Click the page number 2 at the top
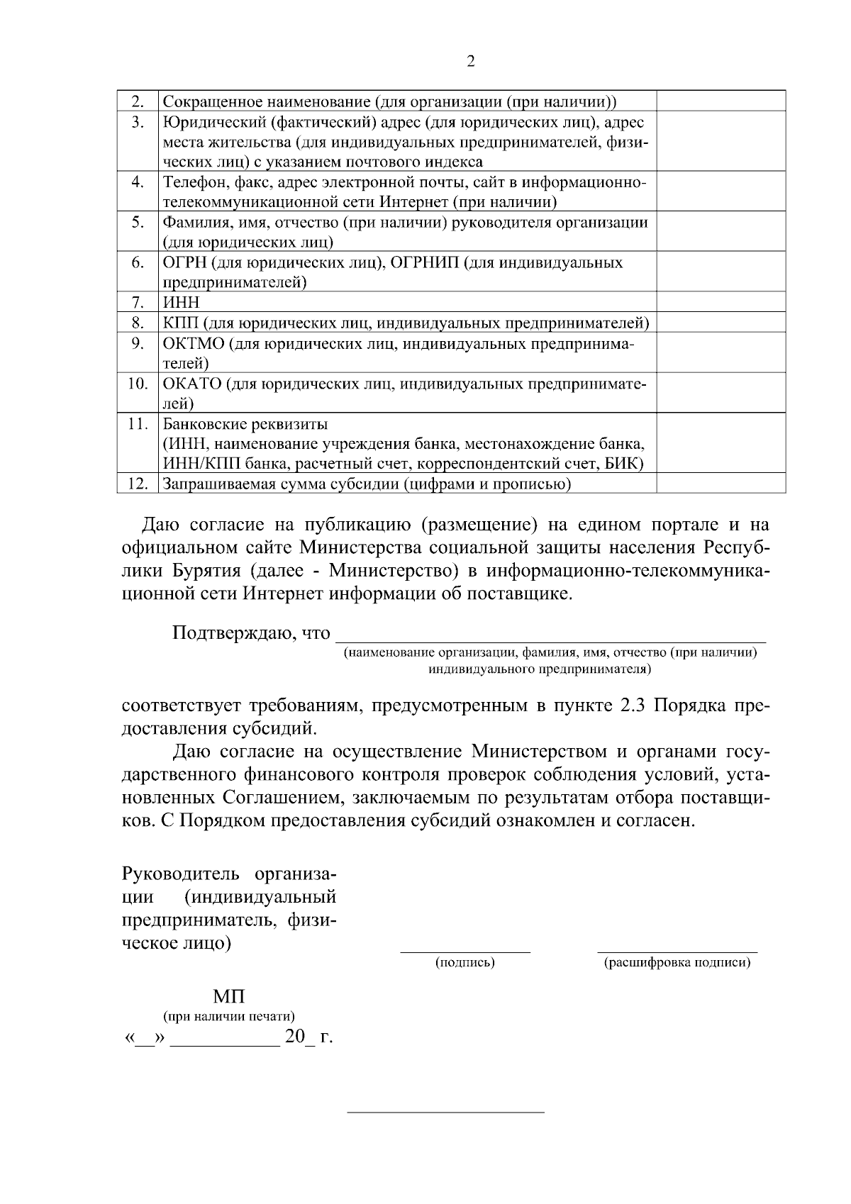coord(472,61)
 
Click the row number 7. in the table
coord(138,303)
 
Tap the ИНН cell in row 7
coord(182,303)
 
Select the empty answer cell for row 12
coord(721,484)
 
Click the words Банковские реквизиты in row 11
coord(245,425)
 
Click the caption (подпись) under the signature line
coord(465,962)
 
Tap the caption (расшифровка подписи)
coord(677,962)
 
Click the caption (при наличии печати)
coord(229,1017)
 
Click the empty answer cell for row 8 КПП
coord(721,323)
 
